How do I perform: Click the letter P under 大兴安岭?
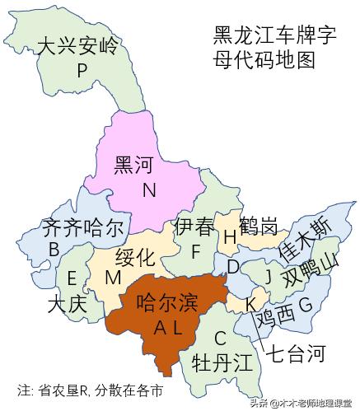pos(82,71)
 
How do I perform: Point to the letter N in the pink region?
pos(148,191)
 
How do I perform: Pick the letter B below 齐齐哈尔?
pos(54,249)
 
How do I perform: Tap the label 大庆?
pos(67,304)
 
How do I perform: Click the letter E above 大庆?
pos(72,278)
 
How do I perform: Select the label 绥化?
pos(134,256)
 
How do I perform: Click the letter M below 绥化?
pos(113,278)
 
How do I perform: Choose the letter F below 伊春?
pos(195,250)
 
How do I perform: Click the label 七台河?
pos(294,354)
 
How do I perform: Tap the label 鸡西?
pos(274,316)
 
